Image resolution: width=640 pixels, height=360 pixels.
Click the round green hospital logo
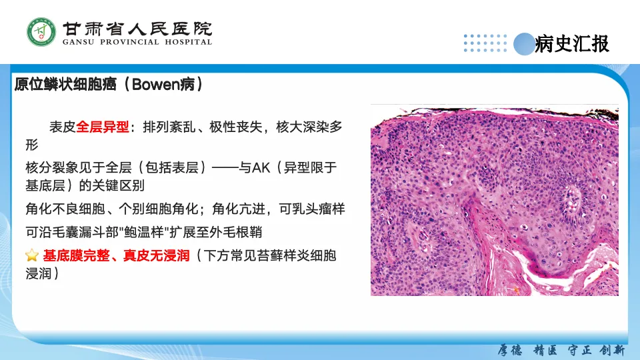pos(41,32)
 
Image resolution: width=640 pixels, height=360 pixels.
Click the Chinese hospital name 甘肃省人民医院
pos(137,29)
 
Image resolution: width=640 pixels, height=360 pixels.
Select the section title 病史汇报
pos(572,44)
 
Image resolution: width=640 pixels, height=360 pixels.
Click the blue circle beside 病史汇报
pos(524,44)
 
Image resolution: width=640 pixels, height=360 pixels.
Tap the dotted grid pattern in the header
pos(485,43)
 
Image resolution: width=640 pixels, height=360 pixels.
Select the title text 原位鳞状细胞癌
pos(65,85)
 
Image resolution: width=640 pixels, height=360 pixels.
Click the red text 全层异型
pos(103,127)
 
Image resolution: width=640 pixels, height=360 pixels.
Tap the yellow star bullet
pos(32,255)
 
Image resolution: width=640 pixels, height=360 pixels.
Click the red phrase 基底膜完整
pos(76,255)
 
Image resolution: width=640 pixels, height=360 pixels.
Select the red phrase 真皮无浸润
pos(156,255)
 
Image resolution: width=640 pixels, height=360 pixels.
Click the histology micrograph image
pos(494,201)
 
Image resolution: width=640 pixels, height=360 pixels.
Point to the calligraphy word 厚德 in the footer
pos(510,350)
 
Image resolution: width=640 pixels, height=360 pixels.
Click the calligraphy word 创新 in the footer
pos(613,350)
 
